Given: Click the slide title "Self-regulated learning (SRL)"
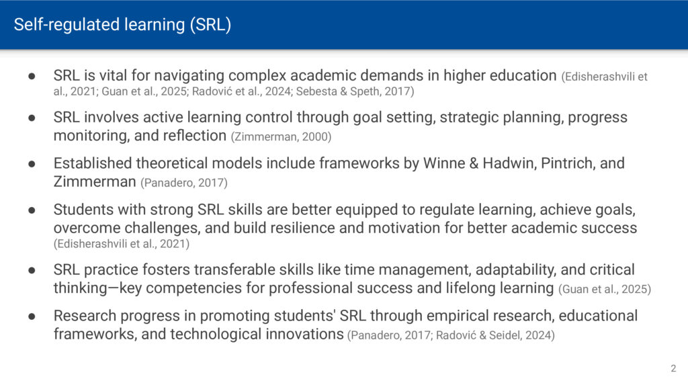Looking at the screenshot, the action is click(122, 25).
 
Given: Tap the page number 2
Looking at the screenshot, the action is click(673, 369).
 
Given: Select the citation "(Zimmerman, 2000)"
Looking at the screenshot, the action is click(281, 137).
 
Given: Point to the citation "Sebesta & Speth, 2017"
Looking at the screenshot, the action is click(353, 91).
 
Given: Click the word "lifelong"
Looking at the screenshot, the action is click(476, 288).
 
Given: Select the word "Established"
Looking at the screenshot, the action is click(93, 163).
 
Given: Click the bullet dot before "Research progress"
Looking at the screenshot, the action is click(32, 316).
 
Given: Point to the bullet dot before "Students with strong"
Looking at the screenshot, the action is click(32, 210).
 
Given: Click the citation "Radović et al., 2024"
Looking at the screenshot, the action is click(242, 91).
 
